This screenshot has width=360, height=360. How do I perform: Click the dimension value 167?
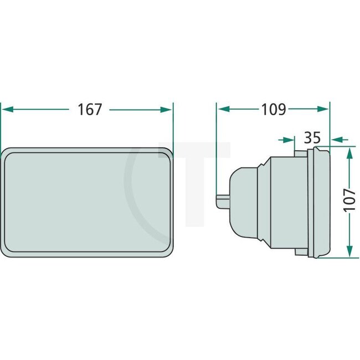90,110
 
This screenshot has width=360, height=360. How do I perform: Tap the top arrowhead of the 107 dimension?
348,152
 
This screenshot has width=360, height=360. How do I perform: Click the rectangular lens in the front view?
88,203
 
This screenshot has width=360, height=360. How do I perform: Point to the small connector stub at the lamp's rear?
222,200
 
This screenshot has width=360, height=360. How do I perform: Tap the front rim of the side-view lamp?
320,202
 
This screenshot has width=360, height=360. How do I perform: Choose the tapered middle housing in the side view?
280,202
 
